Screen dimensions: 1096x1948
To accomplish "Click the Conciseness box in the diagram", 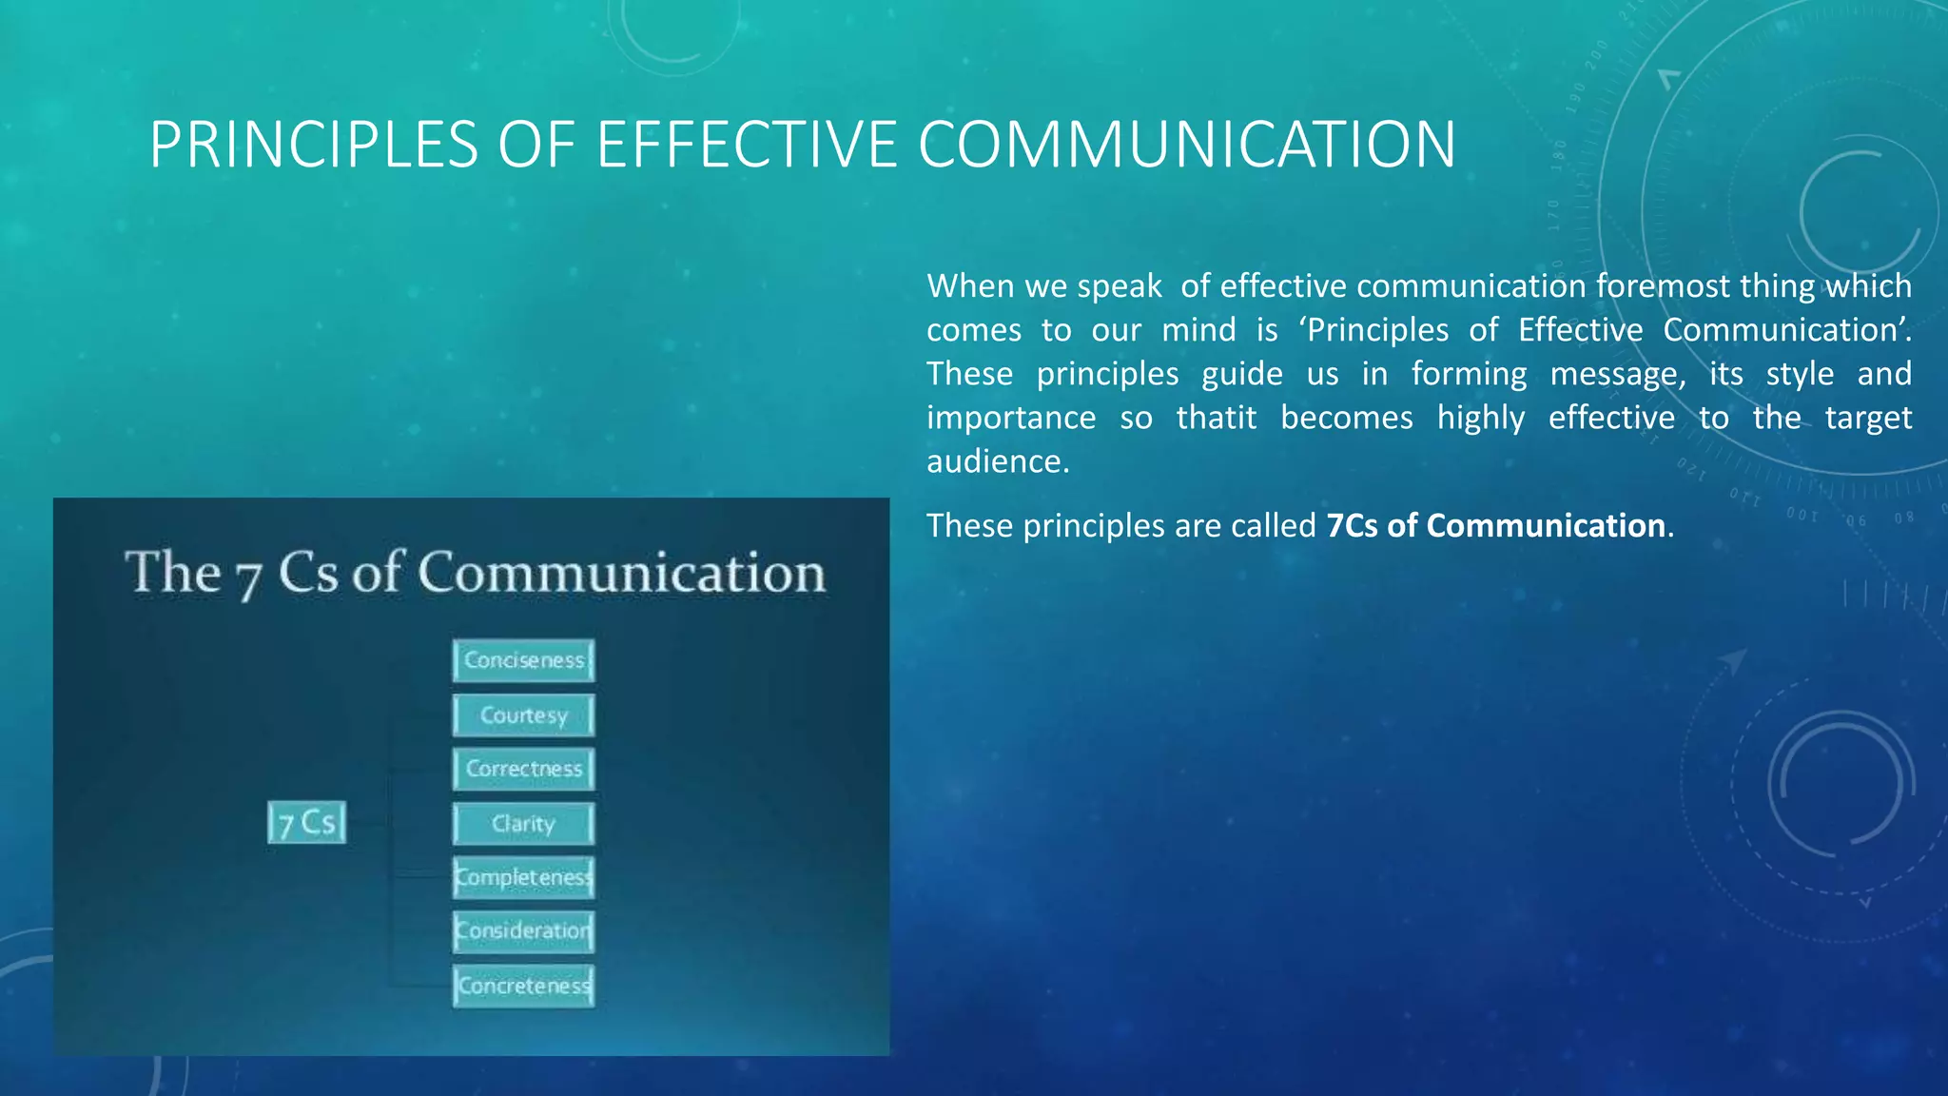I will (x=523, y=660).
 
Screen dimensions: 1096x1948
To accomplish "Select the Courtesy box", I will (x=523, y=714).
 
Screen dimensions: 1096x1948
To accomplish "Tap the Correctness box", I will (x=523, y=769).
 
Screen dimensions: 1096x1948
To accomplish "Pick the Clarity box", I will (x=523, y=824).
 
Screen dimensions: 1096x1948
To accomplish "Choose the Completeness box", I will (x=523, y=877).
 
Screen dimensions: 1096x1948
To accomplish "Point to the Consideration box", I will (x=523, y=930).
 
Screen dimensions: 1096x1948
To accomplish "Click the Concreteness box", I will (x=523, y=986).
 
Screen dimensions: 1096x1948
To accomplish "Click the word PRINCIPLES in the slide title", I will (x=313, y=145).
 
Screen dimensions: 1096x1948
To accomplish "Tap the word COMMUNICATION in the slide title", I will (x=1186, y=145).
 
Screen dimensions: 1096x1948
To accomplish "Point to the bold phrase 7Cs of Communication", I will (x=1495, y=525).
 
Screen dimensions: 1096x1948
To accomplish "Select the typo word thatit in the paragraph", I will (x=1216, y=418).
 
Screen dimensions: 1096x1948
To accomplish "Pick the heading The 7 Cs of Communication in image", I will (x=475, y=574).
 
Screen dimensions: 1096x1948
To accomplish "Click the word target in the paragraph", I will (x=1867, y=418).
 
